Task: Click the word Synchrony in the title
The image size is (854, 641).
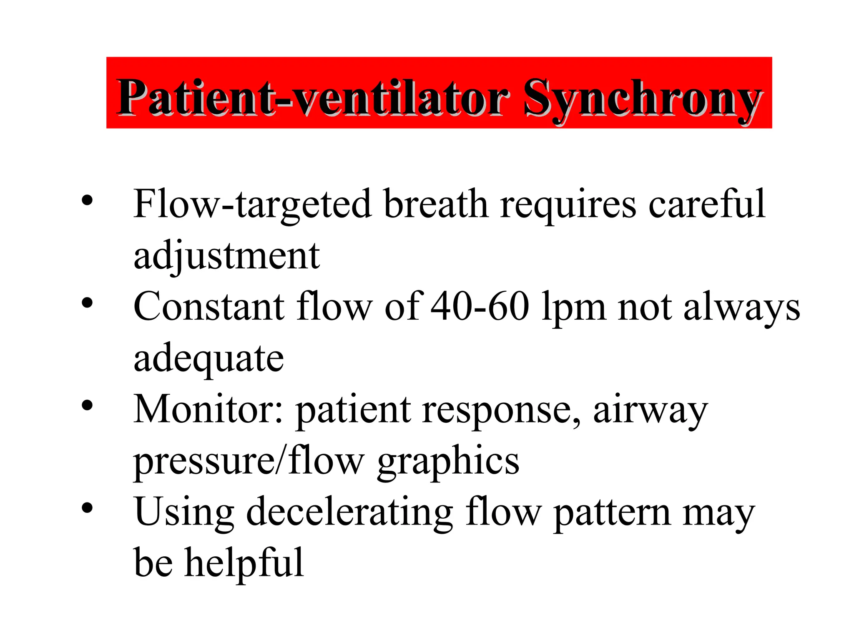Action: [642, 98]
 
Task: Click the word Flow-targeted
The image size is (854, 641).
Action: [252, 204]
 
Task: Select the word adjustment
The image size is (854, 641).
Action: [226, 255]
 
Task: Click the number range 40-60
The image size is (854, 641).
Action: [480, 307]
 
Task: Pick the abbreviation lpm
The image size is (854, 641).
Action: [573, 309]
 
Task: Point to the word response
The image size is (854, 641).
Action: [500, 411]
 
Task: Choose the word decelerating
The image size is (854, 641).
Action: [349, 512]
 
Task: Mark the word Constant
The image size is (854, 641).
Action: [208, 307]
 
